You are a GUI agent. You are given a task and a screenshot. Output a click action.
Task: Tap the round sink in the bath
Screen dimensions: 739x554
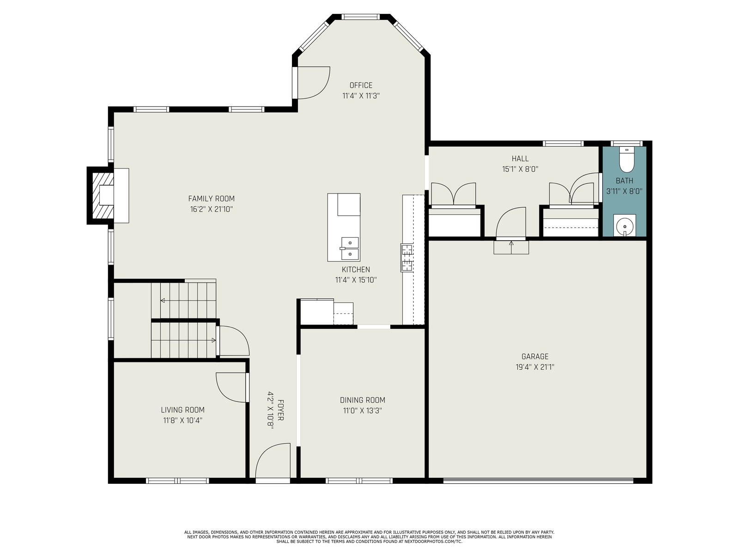tap(624, 225)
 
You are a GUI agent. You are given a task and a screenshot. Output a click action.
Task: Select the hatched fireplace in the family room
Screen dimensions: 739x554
tap(103, 195)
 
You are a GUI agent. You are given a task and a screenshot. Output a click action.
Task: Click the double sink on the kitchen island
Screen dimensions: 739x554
tap(350, 248)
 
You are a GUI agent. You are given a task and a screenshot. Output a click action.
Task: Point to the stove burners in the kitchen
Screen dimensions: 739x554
tap(407, 258)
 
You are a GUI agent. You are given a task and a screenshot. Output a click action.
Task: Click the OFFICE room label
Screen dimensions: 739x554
tap(361, 85)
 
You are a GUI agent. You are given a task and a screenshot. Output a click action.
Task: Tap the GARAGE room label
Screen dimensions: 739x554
tap(535, 356)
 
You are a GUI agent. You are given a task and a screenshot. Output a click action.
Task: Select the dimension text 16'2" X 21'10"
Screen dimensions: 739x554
tap(212, 209)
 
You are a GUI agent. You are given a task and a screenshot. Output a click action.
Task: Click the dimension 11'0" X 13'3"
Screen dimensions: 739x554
tap(362, 410)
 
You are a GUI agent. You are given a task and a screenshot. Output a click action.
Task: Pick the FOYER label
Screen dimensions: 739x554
tap(280, 410)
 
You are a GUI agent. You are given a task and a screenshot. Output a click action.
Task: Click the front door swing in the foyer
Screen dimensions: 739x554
tap(273, 461)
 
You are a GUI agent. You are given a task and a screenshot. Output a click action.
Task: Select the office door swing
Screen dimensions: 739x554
tap(313, 83)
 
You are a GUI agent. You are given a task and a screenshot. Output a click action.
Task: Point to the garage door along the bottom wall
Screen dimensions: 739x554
tap(538, 481)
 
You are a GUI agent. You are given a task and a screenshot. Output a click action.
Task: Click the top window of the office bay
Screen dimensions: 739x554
tap(361, 17)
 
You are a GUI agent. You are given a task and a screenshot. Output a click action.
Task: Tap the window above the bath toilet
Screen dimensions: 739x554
tap(627, 144)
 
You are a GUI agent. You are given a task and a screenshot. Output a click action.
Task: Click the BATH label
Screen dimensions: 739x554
tap(624, 181)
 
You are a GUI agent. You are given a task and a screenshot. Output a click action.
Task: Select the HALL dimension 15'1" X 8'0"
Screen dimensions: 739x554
tap(520, 169)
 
